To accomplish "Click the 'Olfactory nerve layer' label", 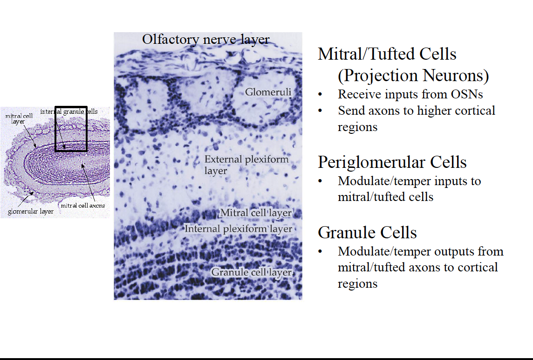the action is tap(205, 40).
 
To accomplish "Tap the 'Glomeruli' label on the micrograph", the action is tap(268, 92).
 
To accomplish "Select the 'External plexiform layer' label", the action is tap(246, 165).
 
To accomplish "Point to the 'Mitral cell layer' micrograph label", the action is tap(256, 213).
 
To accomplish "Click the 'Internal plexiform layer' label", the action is tap(238, 228).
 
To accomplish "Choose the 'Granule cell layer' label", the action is tap(252, 272).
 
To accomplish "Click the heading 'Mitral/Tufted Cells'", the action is tap(387, 54).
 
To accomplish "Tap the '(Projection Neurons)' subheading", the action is tap(413, 76).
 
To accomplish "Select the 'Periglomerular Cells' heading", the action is tap(392, 162).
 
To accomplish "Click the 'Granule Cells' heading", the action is tap(367, 233).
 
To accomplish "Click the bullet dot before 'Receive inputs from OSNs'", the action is tap(320, 95).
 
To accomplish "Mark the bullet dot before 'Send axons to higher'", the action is tap(320, 111).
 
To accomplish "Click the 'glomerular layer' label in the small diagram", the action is tap(31, 212).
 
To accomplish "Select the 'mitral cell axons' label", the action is tap(83, 206).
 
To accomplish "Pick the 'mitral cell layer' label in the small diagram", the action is tap(19, 119).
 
